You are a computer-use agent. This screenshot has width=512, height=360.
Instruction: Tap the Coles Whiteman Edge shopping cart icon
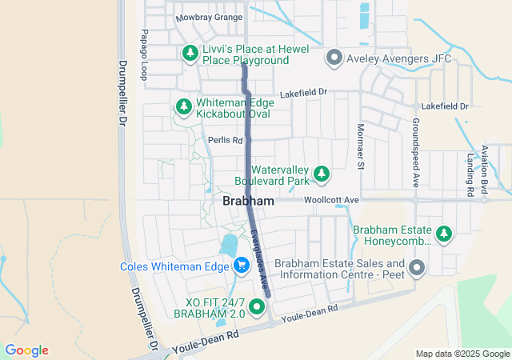pos(241,264)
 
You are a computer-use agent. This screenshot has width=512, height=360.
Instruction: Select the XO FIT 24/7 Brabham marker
pos(257,306)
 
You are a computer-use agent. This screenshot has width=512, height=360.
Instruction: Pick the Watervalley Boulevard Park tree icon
pos(322,173)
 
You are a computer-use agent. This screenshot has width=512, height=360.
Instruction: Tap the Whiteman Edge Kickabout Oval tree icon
pos(183,106)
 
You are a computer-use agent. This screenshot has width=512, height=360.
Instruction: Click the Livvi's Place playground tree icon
pos(190,54)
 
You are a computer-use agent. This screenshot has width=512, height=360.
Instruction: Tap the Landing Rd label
pos(470,174)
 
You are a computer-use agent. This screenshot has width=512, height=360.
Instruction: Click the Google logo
pos(26,350)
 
